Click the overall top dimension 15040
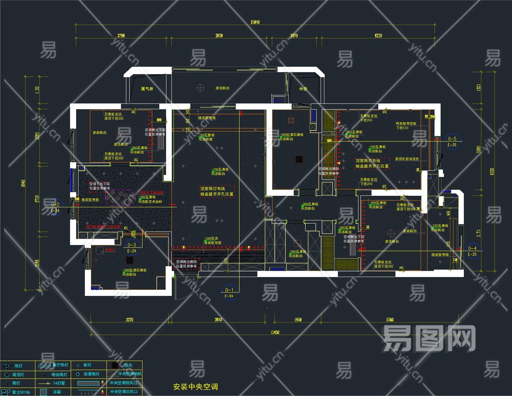[255, 22]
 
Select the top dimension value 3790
[121, 35]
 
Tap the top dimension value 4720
[378, 35]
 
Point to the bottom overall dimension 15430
[275, 332]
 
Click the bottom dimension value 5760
[390, 319]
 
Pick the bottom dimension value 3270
[129, 319]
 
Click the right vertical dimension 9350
[492, 171]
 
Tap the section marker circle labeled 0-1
[229, 292]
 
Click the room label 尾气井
[147, 89]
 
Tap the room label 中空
[303, 89]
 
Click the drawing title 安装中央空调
[195, 387]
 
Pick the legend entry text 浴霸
[57, 392]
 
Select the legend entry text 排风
[128, 365]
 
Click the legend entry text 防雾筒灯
[92, 374]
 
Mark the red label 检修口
[110, 250]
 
